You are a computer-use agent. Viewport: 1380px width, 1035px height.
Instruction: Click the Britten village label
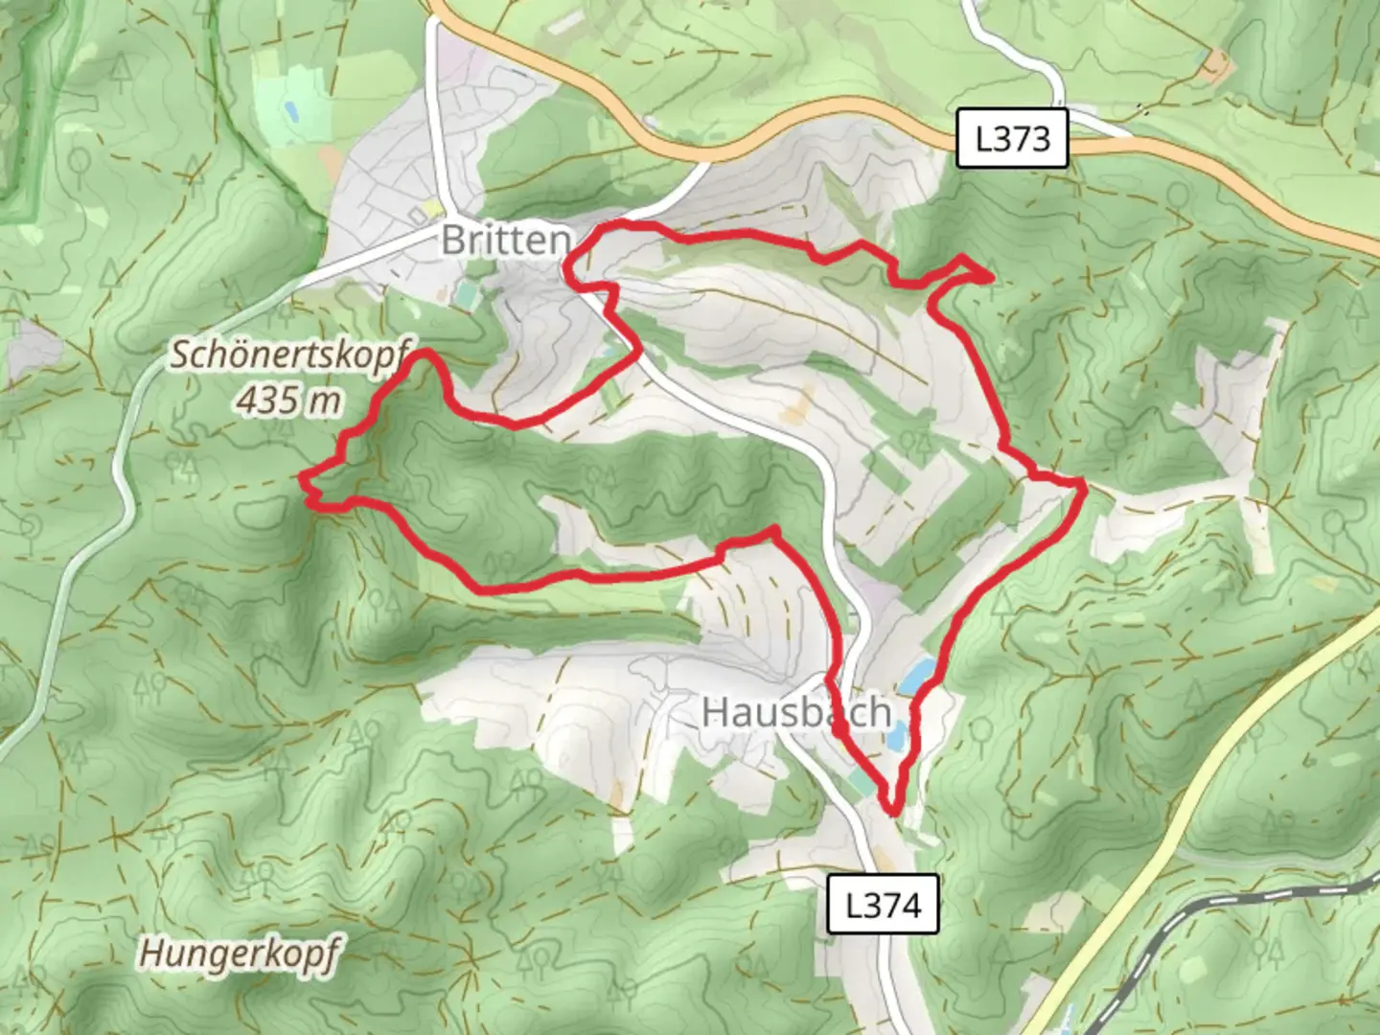506,240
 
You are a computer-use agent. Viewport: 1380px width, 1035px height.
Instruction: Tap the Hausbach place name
796,712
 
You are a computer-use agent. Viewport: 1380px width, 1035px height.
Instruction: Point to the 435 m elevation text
288,399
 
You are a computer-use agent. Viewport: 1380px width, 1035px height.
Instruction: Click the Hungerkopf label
240,954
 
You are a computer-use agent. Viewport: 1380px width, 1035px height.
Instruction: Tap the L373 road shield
1012,140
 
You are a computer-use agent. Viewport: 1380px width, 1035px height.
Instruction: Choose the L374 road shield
883,905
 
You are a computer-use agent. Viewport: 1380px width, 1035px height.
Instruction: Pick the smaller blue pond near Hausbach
897,736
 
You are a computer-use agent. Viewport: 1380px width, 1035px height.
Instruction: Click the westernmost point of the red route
303,476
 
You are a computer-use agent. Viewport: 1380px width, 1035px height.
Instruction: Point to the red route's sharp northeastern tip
989,277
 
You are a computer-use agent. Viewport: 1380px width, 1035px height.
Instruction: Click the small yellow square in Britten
436,208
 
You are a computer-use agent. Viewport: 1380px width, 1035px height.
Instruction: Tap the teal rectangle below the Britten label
466,293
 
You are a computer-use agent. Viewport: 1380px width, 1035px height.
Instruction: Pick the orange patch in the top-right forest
1215,64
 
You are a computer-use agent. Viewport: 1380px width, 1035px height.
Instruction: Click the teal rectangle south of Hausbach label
860,783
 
